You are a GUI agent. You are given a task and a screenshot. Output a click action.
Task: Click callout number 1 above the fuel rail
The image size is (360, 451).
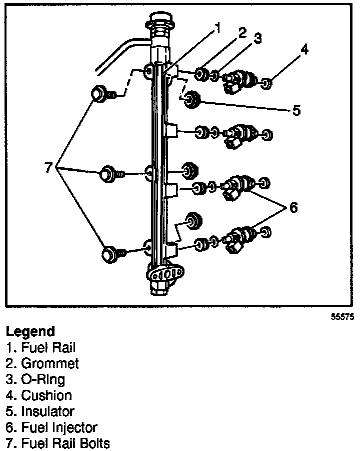[x=216, y=28]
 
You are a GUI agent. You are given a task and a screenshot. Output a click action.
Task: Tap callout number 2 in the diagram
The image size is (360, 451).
[x=242, y=33]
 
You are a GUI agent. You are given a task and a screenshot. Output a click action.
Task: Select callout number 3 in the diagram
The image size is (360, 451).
[x=257, y=39]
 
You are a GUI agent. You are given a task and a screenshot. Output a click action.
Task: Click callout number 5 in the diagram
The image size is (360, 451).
[x=296, y=109]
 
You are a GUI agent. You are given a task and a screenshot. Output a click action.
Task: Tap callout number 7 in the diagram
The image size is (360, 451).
[x=48, y=167]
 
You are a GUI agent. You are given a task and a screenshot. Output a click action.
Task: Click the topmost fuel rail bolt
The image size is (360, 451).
[x=100, y=93]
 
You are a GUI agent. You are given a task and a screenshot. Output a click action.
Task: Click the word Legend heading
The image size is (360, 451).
[x=30, y=331]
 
